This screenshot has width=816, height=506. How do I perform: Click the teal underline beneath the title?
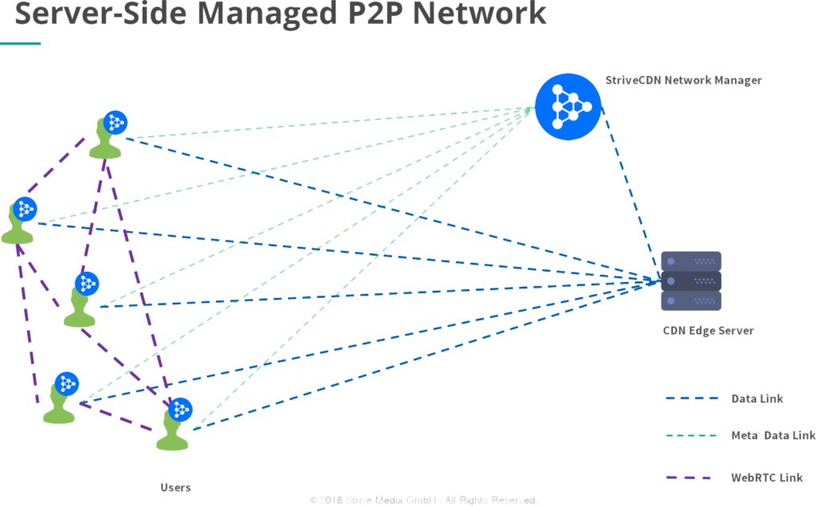tap(20, 43)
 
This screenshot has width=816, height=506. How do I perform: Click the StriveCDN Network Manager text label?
tap(682, 80)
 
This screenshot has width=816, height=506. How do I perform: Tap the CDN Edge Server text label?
tap(708, 331)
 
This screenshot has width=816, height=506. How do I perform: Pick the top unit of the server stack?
tap(692, 261)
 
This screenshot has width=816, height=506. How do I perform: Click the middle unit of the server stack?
tap(692, 281)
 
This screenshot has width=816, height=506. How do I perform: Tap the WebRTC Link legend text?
tap(766, 478)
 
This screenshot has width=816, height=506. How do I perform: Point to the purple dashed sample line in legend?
tap(687, 478)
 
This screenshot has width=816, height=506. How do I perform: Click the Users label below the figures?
tap(175, 487)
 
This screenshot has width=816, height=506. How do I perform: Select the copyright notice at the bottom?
tap(422, 500)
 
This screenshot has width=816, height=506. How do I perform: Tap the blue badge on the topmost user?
tap(115, 122)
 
